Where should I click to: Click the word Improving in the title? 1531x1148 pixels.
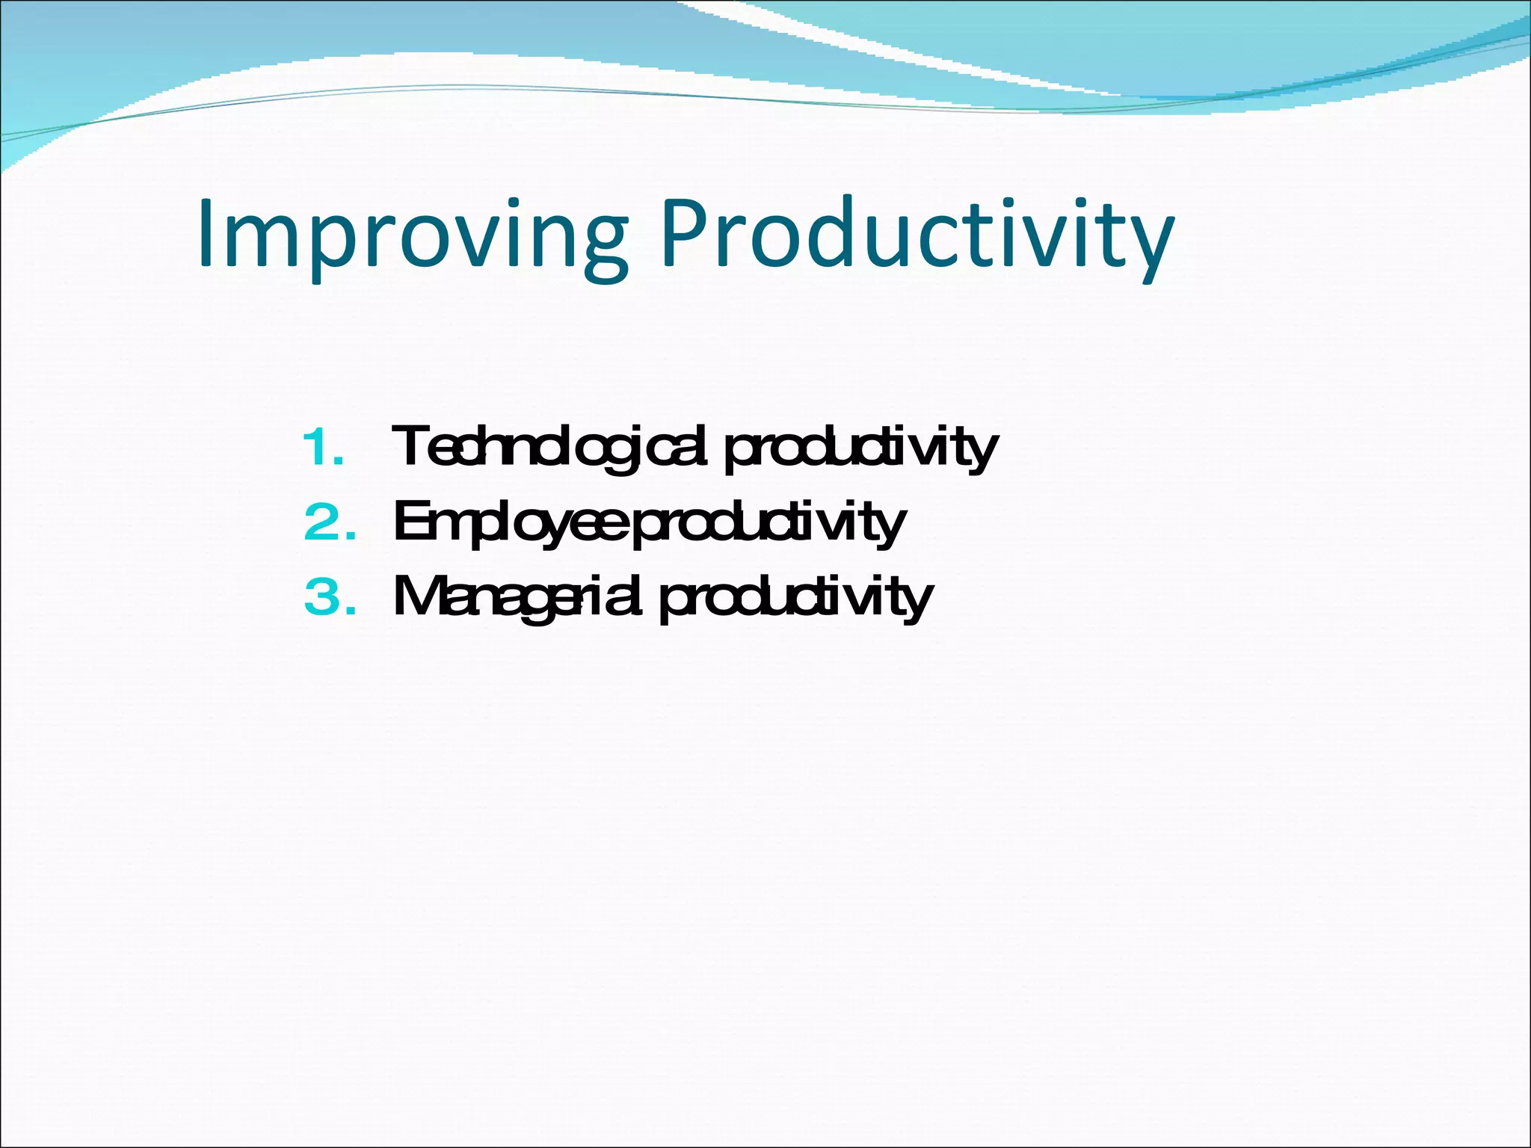click(x=411, y=235)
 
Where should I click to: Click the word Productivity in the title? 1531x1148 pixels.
click(x=916, y=235)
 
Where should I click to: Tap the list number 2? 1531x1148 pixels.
click(x=329, y=523)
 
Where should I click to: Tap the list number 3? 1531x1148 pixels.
click(x=329, y=598)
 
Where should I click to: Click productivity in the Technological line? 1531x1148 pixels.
click(x=860, y=448)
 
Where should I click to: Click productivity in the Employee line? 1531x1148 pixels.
click(x=770, y=523)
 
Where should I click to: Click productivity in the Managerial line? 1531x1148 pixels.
click(x=796, y=598)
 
